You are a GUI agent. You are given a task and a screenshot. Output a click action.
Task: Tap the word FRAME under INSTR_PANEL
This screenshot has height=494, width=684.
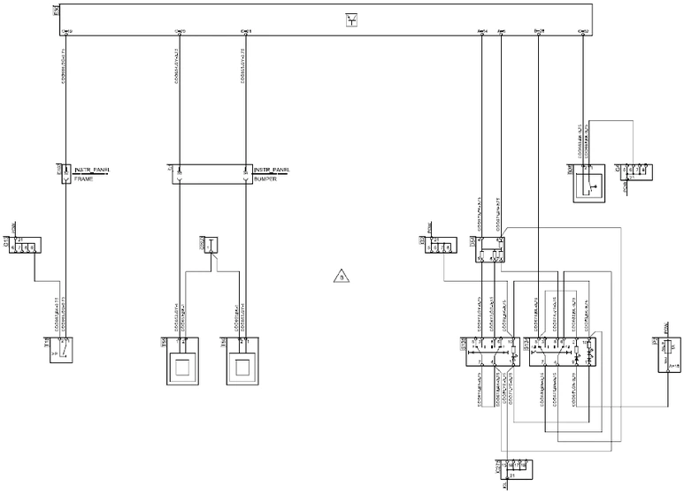click(x=84, y=179)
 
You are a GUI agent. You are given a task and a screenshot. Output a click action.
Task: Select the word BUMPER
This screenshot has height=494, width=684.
click(x=266, y=179)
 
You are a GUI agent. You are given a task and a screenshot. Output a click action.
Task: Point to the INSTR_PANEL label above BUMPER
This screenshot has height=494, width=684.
click(x=272, y=169)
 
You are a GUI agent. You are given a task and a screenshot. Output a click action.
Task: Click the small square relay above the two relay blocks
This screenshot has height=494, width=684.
click(x=489, y=252)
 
